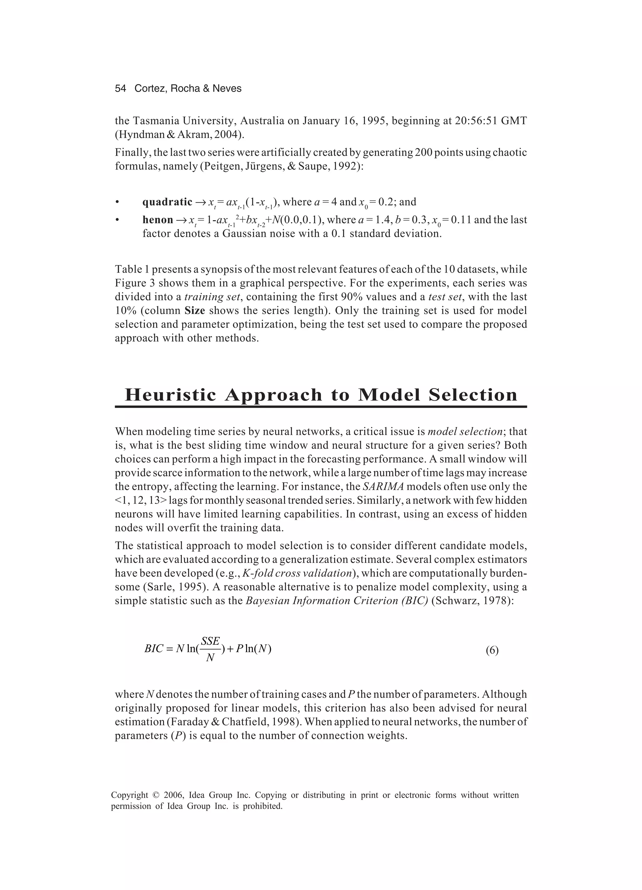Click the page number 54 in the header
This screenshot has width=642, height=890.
point(120,89)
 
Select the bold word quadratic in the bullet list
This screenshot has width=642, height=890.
point(167,202)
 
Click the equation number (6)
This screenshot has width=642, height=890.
point(492,651)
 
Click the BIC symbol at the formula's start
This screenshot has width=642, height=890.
point(153,649)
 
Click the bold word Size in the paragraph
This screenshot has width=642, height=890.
point(195,311)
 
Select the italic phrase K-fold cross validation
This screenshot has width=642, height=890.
point(297,573)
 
